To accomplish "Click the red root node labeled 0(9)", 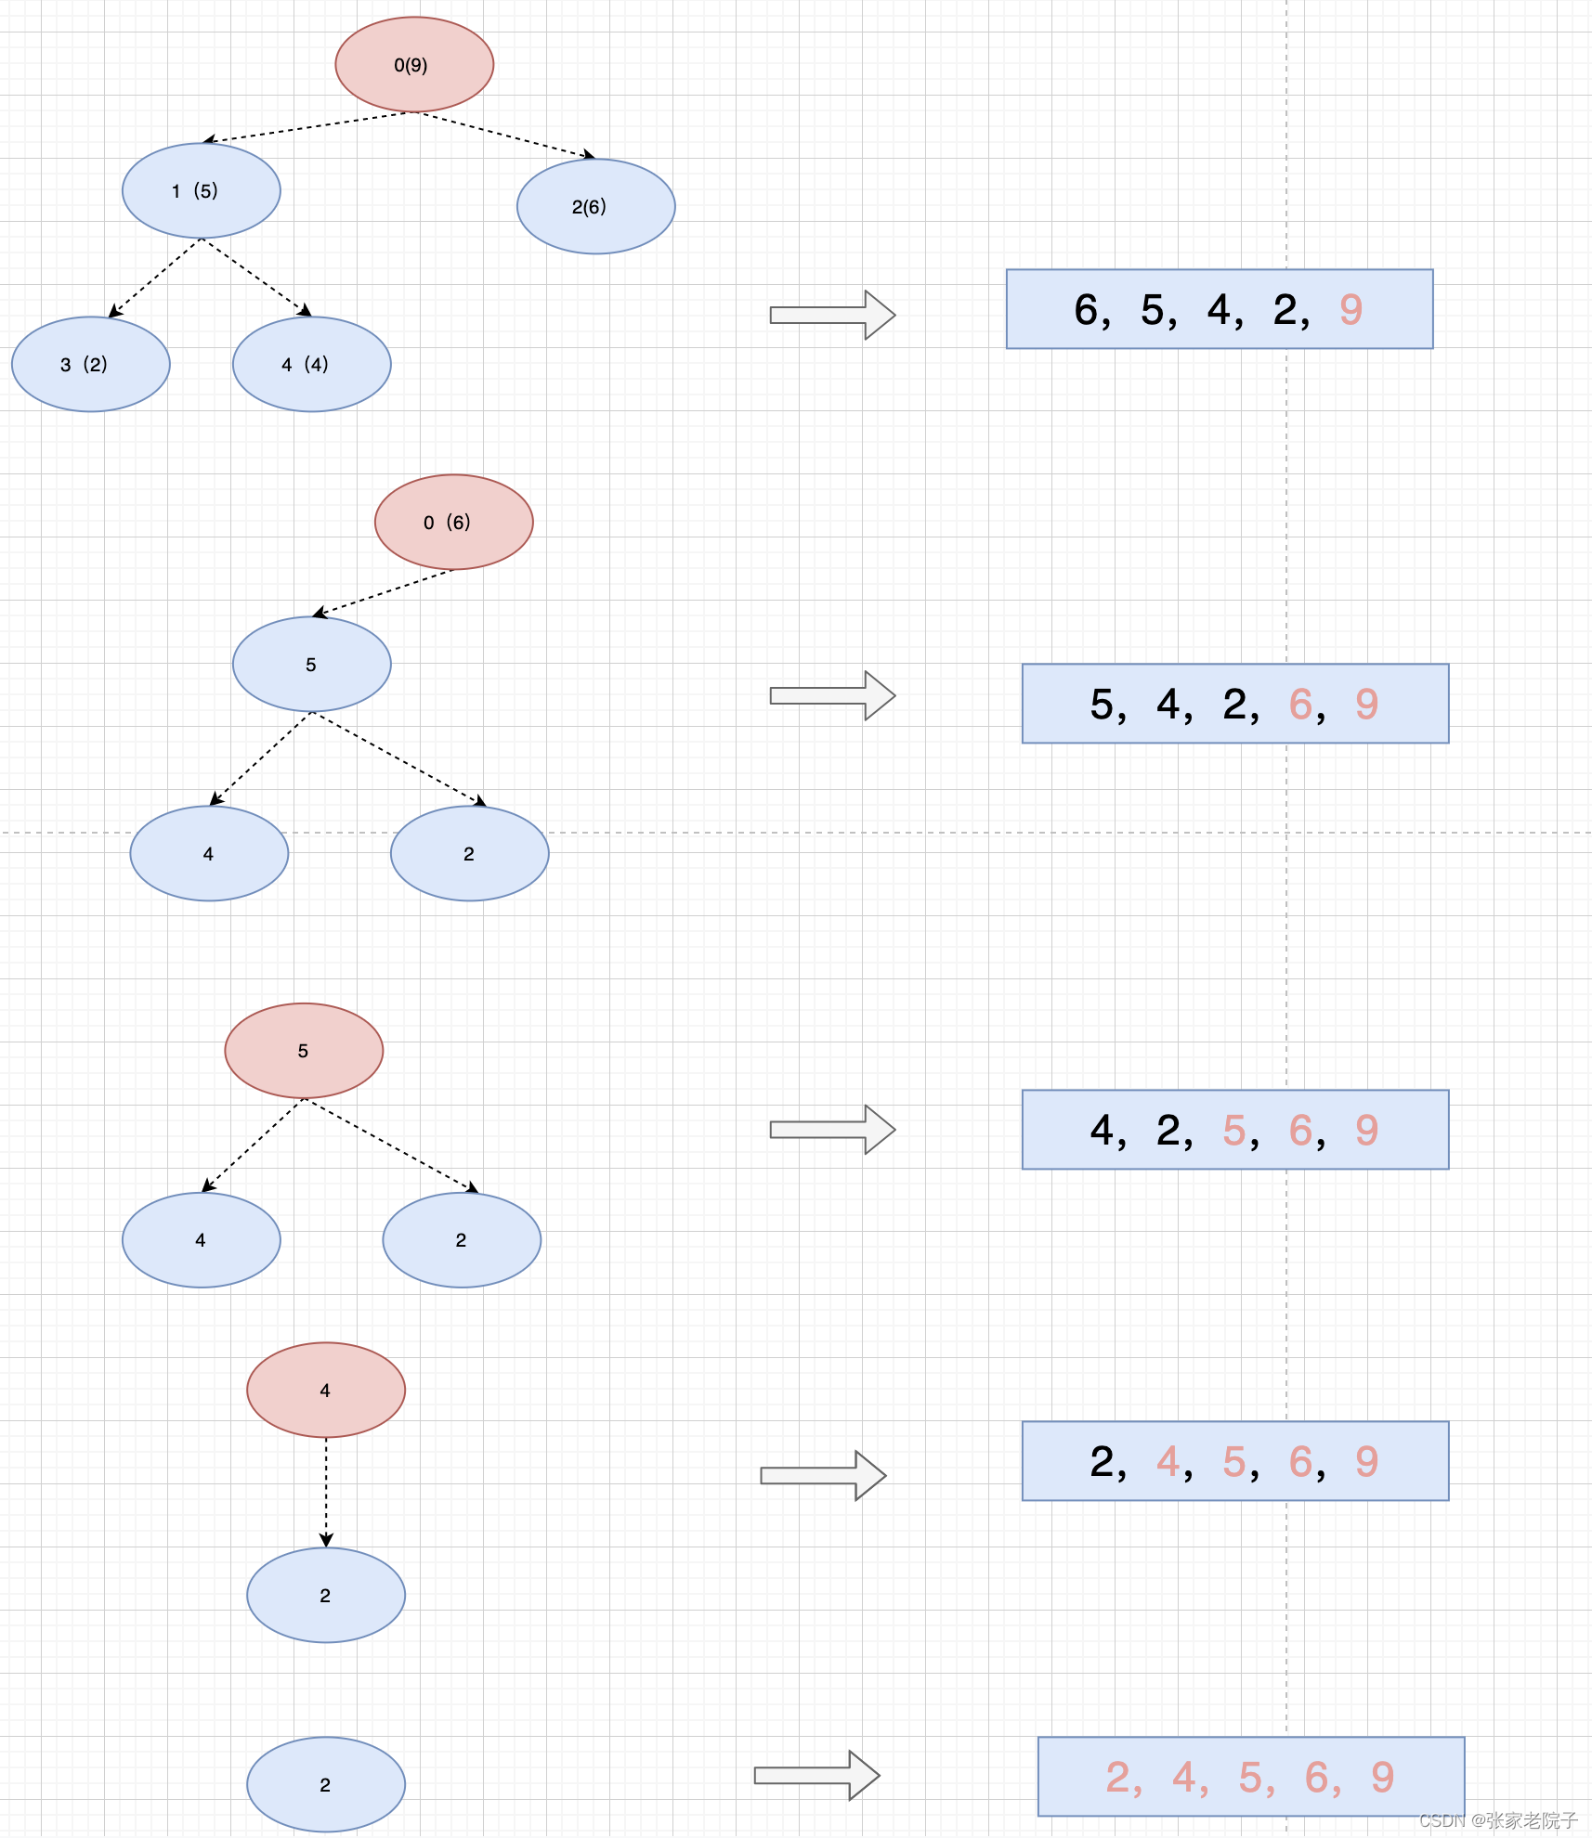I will [x=414, y=65].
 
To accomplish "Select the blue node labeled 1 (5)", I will [x=202, y=190].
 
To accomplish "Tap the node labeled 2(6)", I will [x=595, y=206].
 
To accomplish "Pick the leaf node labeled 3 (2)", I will [x=91, y=364].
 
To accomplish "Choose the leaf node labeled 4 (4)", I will [x=312, y=364].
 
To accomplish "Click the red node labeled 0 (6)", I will [x=454, y=522].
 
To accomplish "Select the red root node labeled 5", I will [x=304, y=1050].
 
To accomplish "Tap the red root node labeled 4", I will [x=326, y=1390].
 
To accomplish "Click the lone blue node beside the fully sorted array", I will [x=326, y=1784].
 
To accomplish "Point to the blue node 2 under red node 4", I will [x=326, y=1595].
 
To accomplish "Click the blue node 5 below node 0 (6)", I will [x=312, y=664].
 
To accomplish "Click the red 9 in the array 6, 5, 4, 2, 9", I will [x=1351, y=310].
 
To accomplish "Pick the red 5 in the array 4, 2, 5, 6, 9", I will [x=1234, y=1131].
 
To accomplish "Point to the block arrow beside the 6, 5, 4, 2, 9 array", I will [x=832, y=315].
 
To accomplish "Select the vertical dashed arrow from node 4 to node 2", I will [x=326, y=1492].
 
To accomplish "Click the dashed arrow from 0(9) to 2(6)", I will [x=506, y=136].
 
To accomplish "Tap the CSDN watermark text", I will [x=1497, y=1820].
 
